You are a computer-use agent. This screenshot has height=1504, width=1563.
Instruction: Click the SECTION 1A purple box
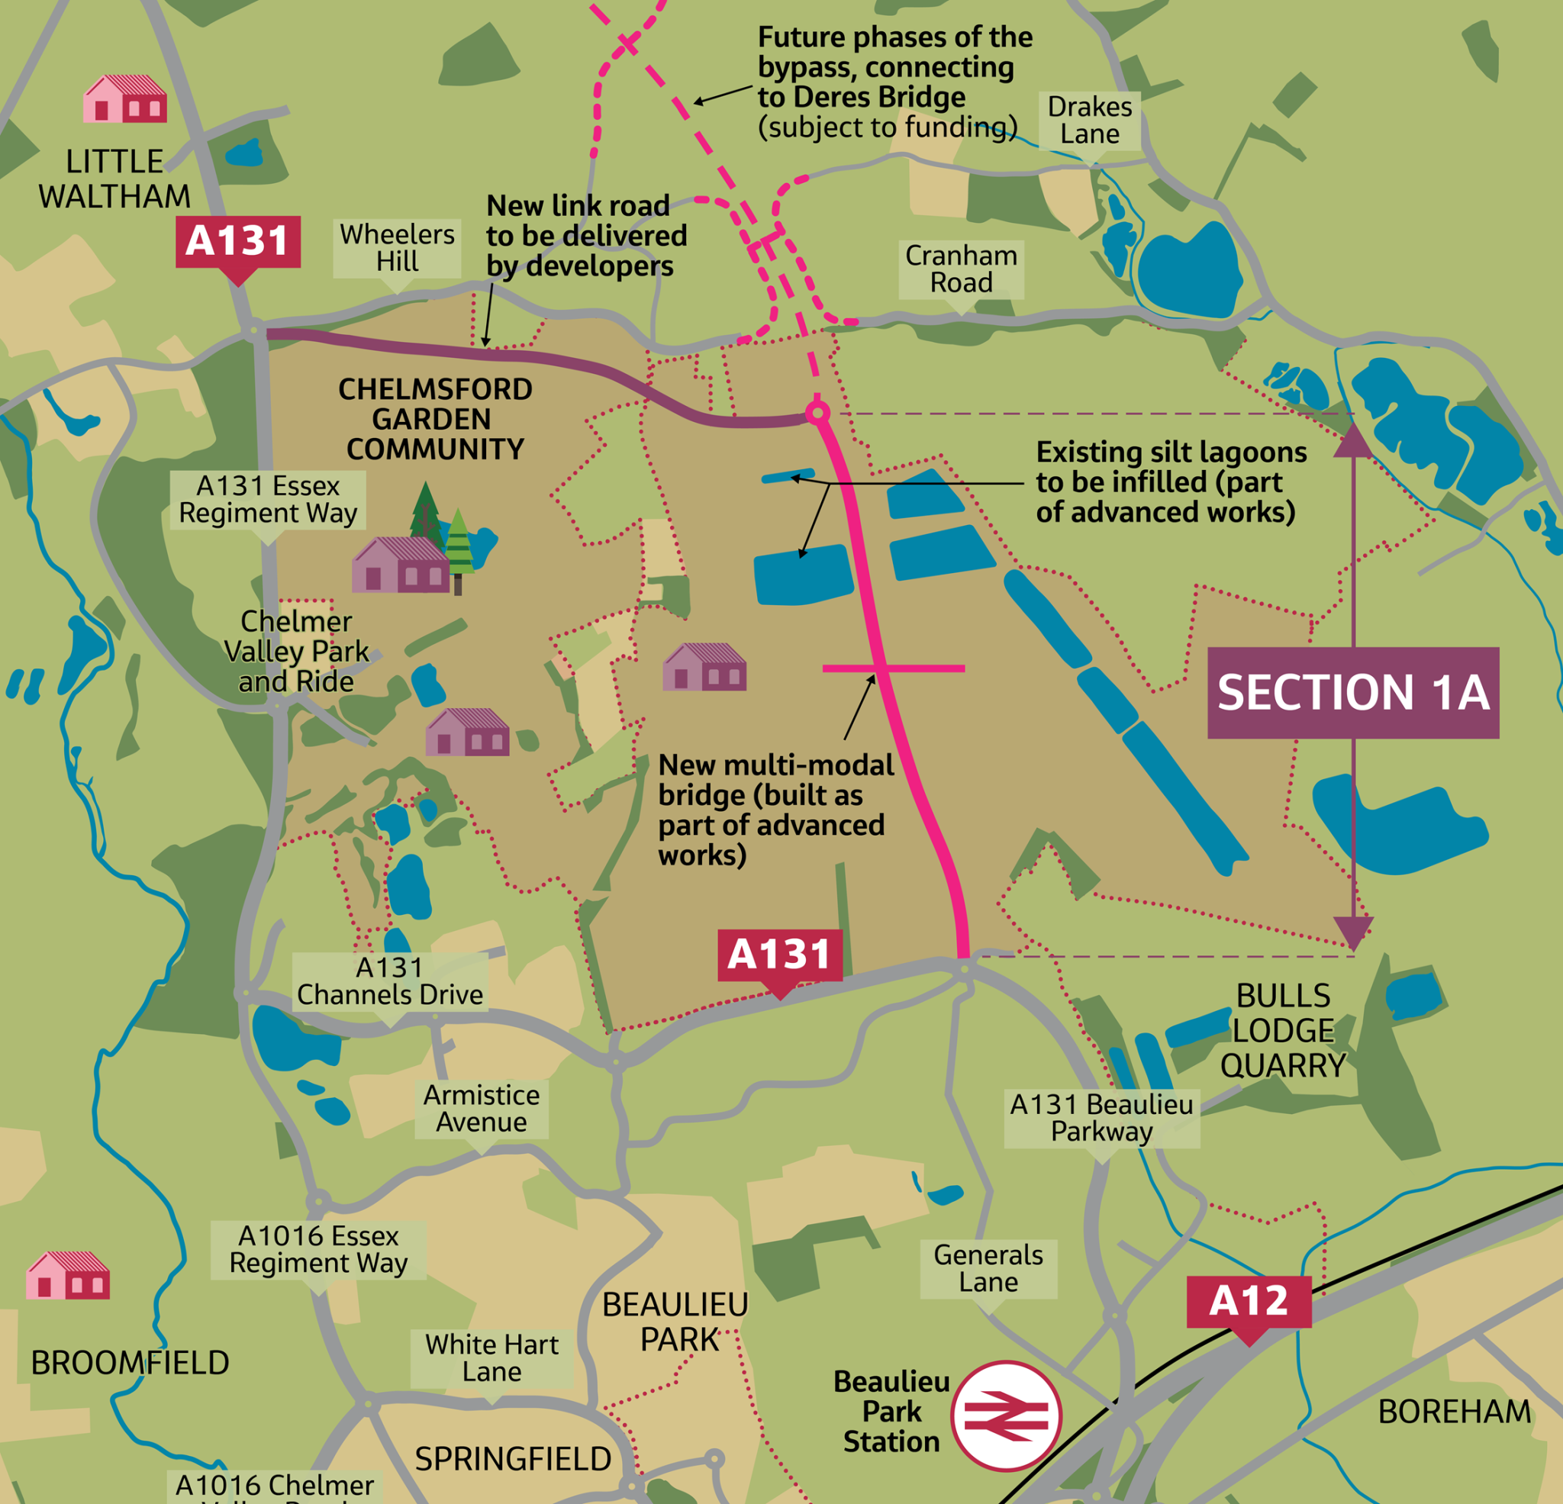pyautogui.click(x=1352, y=692)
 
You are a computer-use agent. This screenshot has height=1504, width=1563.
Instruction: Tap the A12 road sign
pyautogui.click(x=1248, y=1302)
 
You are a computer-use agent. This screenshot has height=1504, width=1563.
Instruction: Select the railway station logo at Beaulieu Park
pyautogui.click(x=1006, y=1415)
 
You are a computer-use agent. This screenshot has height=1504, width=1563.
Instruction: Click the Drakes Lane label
pyautogui.click(x=1089, y=121)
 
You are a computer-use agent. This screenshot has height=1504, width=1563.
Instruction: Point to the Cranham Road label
pyautogui.click(x=961, y=269)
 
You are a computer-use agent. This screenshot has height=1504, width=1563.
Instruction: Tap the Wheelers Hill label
pyautogui.click(x=397, y=248)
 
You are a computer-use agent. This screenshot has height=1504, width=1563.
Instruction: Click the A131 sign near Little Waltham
pyautogui.click(x=237, y=241)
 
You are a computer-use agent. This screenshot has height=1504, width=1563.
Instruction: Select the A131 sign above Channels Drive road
pyautogui.click(x=779, y=955)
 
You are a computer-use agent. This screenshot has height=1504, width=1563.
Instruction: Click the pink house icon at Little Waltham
pyautogui.click(x=125, y=99)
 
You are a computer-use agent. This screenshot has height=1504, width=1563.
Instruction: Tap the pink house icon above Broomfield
pyautogui.click(x=68, y=1275)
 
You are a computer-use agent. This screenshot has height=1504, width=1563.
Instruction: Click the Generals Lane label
pyautogui.click(x=988, y=1268)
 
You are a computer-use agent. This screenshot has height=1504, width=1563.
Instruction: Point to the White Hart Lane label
pyautogui.click(x=491, y=1358)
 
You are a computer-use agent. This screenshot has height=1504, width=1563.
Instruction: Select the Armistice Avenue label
pyautogui.click(x=481, y=1109)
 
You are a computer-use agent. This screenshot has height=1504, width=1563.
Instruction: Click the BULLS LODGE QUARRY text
pyautogui.click(x=1282, y=1030)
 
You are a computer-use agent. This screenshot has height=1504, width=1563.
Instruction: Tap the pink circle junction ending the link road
pyautogui.click(x=817, y=412)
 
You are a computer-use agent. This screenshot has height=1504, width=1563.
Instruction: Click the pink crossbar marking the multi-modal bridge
pyautogui.click(x=893, y=668)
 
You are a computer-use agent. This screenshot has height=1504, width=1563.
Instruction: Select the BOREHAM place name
pyautogui.click(x=1454, y=1412)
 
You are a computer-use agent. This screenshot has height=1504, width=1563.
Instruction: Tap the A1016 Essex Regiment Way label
pyautogui.click(x=318, y=1250)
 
